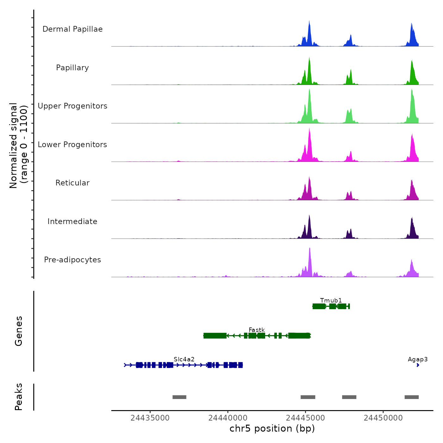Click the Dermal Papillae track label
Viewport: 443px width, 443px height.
pyautogui.click(x=72, y=29)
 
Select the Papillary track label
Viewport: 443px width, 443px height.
pyautogui.click(x=72, y=68)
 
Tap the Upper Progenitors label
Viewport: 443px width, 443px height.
pyautogui.click(x=72, y=106)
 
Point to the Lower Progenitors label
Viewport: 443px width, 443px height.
pyautogui.click(x=72, y=145)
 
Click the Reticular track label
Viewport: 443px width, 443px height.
pyautogui.click(x=72, y=183)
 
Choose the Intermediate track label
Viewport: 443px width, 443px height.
pyautogui.click(x=72, y=221)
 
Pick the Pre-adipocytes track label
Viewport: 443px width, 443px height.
pyautogui.click(x=72, y=260)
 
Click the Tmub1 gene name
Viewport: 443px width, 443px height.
pyautogui.click(x=331, y=300)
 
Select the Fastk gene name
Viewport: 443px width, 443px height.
pyautogui.click(x=257, y=330)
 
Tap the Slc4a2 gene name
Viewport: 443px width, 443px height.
pyautogui.click(x=184, y=359)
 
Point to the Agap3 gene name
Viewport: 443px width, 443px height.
pyautogui.click(x=418, y=359)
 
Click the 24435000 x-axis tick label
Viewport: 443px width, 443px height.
pyautogui.click(x=150, y=418)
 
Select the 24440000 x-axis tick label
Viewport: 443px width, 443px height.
pyautogui.click(x=228, y=418)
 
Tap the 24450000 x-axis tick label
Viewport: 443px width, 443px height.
pyautogui.click(x=383, y=418)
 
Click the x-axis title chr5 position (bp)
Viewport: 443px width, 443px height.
pyautogui.click(x=272, y=428)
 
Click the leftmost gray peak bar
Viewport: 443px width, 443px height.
pyautogui.click(x=179, y=397)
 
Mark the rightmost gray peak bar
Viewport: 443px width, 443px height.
pyautogui.click(x=412, y=397)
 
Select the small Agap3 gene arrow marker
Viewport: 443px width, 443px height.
pyautogui.click(x=418, y=365)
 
